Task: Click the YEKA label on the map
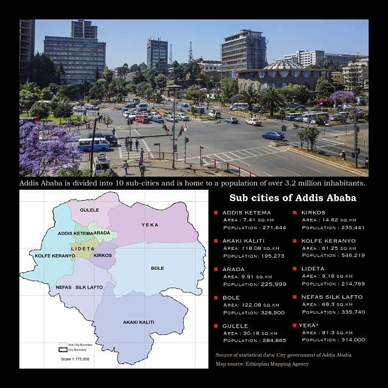[x=149, y=224]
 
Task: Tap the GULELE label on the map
[x=89, y=209]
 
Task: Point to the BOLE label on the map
[x=157, y=267]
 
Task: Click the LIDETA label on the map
[x=82, y=249]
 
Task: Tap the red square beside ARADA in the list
[x=216, y=269]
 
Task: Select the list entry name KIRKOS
[x=313, y=213]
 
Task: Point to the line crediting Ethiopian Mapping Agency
[x=262, y=364]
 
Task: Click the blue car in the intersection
[x=273, y=135]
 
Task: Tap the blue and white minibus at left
[x=94, y=144]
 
